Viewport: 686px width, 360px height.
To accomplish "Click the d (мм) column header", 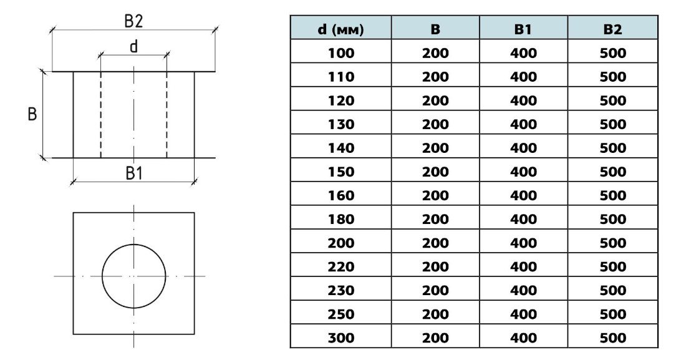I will click(341, 29).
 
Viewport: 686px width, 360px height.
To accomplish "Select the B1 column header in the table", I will click(523, 29).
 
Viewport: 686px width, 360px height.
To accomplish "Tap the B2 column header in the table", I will click(612, 29).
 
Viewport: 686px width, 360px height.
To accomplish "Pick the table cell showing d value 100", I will click(341, 53).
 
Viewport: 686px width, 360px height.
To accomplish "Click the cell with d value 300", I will click(341, 338).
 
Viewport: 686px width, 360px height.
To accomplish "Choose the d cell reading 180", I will click(341, 219).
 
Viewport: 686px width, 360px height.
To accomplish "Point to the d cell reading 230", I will click(341, 290).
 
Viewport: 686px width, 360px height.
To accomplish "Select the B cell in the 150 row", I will click(435, 172).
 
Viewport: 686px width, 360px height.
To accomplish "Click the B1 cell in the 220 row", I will click(523, 266).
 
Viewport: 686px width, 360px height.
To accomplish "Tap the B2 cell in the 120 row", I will click(612, 100).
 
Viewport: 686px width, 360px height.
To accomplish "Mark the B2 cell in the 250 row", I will click(612, 314).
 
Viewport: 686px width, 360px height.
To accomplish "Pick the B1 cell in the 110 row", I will click(523, 77).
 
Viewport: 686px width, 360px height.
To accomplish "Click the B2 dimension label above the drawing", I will click(133, 21).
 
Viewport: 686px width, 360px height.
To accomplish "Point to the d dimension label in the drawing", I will click(133, 47).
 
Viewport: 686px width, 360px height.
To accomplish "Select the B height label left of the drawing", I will click(32, 115).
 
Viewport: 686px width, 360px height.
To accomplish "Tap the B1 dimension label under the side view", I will click(134, 173).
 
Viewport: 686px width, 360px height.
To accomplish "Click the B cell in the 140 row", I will click(435, 148).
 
